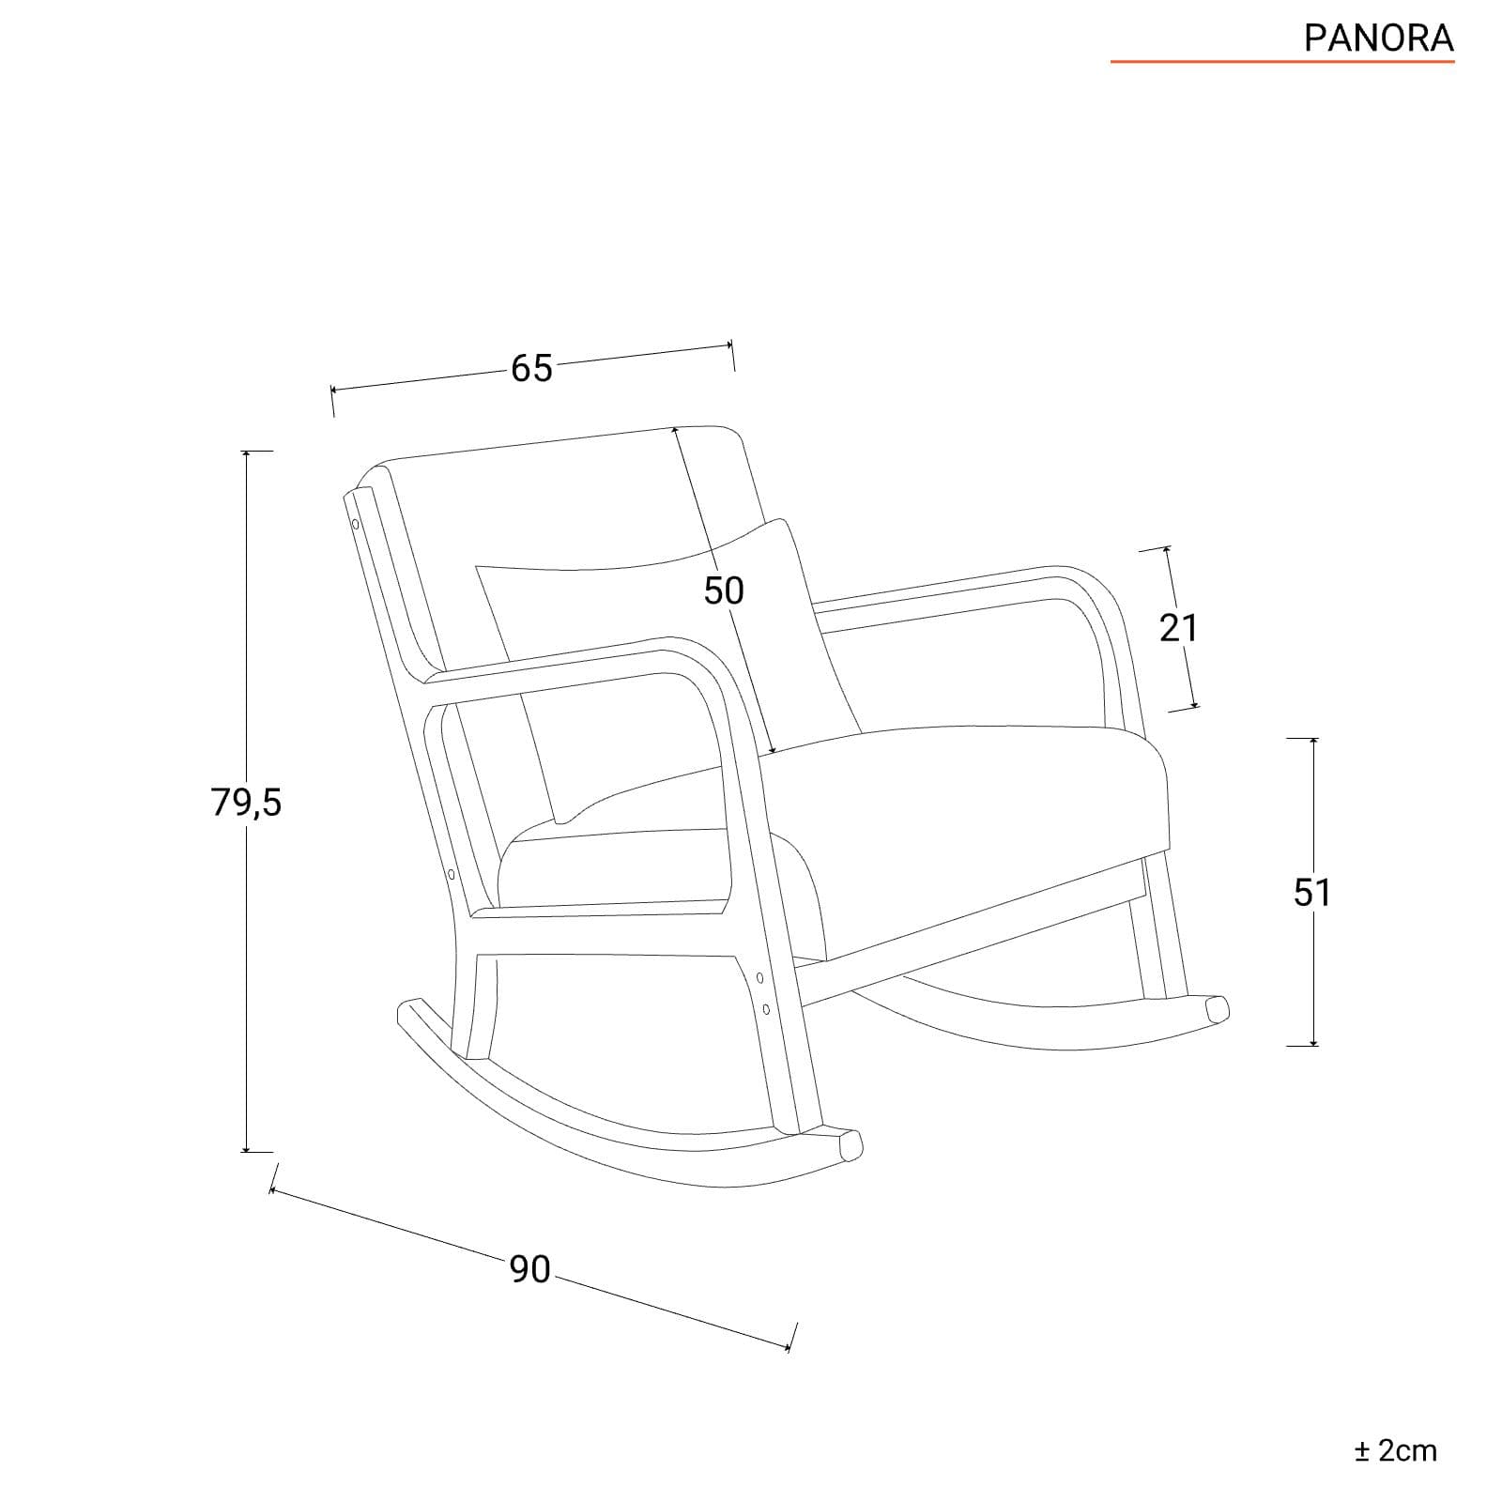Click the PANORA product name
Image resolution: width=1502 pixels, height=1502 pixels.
coord(1379,38)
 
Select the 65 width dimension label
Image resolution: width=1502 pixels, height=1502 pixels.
coord(531,369)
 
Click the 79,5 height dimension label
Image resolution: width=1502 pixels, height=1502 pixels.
coord(246,803)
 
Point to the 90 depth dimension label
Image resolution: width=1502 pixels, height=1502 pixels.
coord(530,1269)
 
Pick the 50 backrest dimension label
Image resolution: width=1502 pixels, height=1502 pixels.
coord(724,590)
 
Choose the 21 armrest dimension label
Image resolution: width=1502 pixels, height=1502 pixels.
coord(1178,627)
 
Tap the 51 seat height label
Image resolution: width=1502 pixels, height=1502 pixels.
coord(1312,892)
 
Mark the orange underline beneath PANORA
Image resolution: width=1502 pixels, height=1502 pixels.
coord(1282,62)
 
